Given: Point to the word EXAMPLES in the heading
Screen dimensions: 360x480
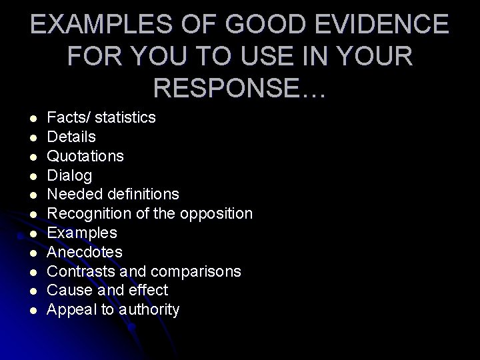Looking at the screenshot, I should [x=111, y=25].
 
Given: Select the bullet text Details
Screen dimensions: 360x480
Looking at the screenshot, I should [x=71, y=137].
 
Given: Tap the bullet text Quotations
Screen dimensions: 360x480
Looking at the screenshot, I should [x=85, y=156].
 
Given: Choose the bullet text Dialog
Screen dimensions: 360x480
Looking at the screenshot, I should [x=70, y=175].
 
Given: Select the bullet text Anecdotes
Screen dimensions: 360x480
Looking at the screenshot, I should [x=85, y=252].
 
